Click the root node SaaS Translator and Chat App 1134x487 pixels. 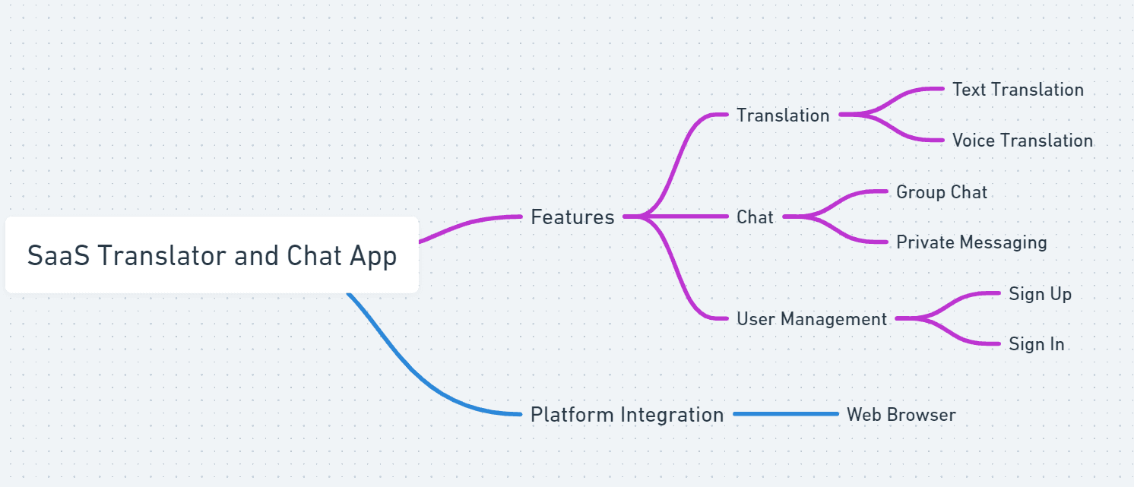click(x=211, y=255)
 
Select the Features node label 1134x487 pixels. click(x=572, y=217)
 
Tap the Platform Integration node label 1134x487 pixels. click(x=627, y=415)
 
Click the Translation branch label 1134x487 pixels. click(x=783, y=115)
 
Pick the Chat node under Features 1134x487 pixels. click(x=755, y=217)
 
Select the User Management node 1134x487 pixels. click(x=812, y=319)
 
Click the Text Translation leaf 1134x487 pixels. click(x=1018, y=90)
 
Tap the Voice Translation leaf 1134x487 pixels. click(x=1022, y=141)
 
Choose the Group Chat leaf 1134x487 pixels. click(x=942, y=192)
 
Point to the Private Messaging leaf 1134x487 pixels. click(x=971, y=242)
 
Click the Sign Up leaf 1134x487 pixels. click(x=1040, y=294)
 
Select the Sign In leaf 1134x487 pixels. click(x=1036, y=344)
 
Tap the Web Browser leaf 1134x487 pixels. click(x=901, y=415)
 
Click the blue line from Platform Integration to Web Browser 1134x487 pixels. click(x=786, y=414)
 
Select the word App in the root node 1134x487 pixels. click(x=373, y=256)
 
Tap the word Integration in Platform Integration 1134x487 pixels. click(x=673, y=415)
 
